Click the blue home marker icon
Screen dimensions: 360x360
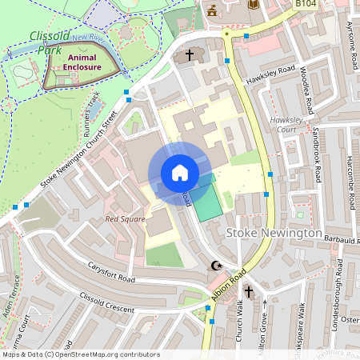click(x=179, y=173)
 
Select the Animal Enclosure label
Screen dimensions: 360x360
click(x=84, y=62)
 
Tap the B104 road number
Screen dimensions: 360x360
click(x=306, y=5)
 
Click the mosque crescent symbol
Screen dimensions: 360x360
click(x=214, y=266)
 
